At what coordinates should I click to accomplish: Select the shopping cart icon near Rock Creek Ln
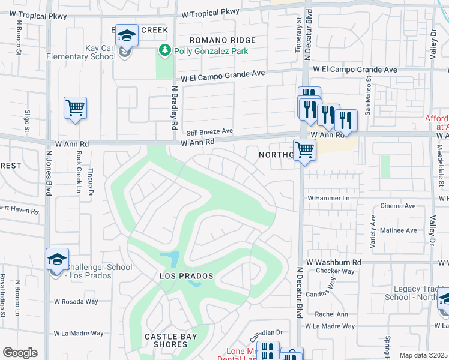click(76, 109)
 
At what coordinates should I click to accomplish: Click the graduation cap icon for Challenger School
click(58, 260)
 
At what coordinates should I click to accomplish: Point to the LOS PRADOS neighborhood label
click(187, 276)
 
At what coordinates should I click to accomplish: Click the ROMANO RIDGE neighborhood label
click(223, 40)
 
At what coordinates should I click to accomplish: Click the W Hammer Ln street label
click(328, 198)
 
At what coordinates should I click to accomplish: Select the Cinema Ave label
click(399, 206)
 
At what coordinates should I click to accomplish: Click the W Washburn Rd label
click(333, 263)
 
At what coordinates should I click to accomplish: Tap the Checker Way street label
click(334, 271)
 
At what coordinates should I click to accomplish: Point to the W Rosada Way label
click(76, 302)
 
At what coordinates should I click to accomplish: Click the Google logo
click(20, 353)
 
